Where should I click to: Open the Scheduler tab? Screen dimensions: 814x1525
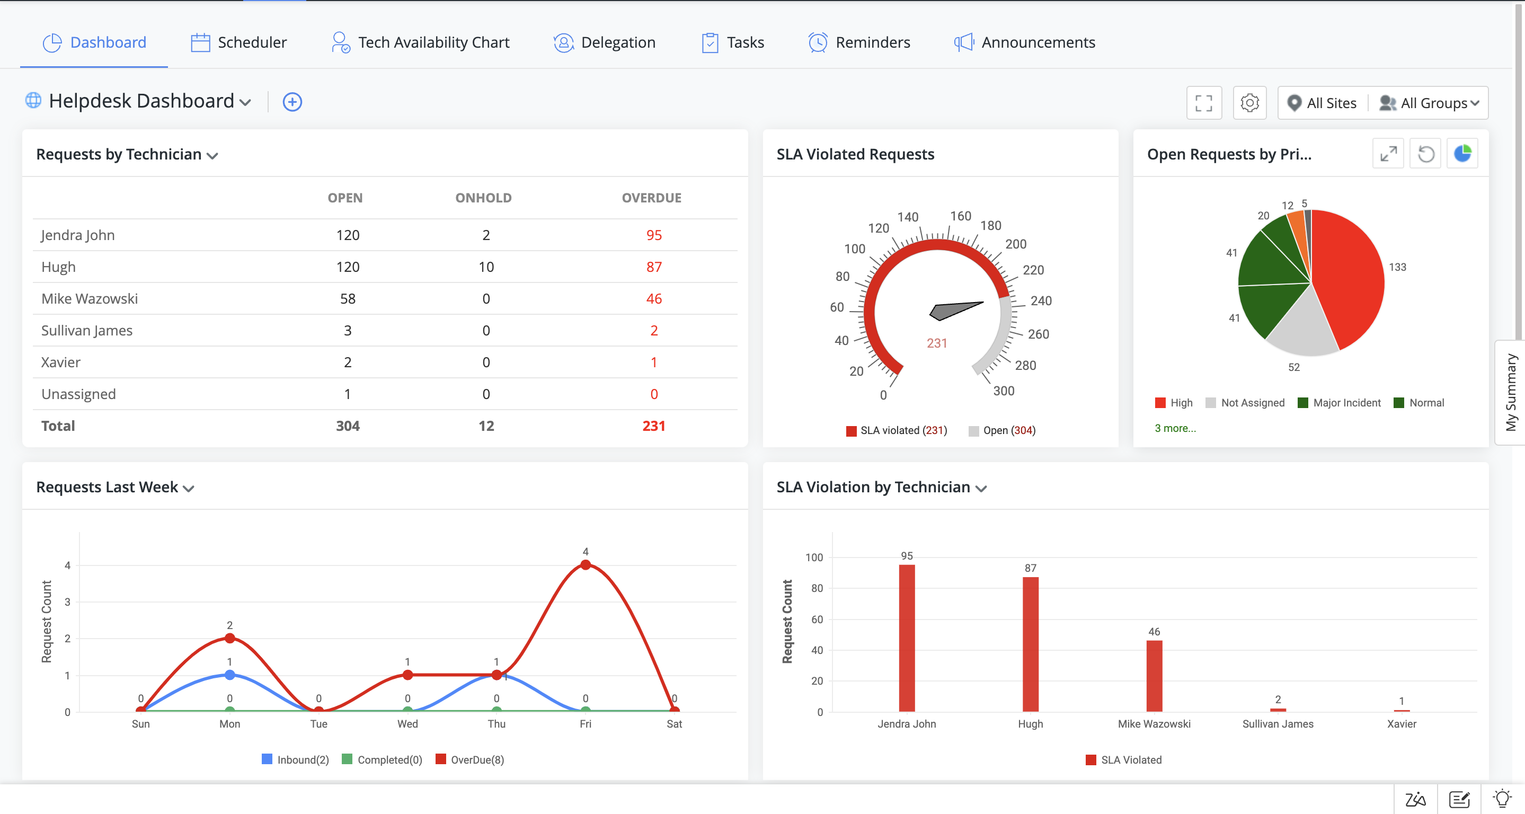pos(238,42)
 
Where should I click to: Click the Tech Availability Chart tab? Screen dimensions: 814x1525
pos(420,42)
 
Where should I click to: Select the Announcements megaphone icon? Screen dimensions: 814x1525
pos(963,42)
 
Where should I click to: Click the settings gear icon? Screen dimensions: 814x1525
pos(1249,103)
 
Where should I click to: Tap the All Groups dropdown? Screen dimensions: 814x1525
pos(1430,103)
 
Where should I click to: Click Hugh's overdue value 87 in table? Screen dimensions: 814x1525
pos(653,267)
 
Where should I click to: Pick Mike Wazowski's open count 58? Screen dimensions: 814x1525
pos(348,299)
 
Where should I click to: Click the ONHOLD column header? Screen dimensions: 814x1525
pos(483,198)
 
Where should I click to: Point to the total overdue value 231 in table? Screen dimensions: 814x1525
pos(653,426)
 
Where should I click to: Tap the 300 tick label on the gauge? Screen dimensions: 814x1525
pos(1004,391)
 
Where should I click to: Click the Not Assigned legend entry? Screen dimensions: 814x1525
pos(1246,403)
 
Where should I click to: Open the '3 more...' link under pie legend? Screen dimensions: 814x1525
pos(1175,428)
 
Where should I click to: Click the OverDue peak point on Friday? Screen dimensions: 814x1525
pos(585,565)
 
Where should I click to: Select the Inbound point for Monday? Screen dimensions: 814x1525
pos(229,675)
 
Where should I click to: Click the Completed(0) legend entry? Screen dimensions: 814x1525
pos(383,759)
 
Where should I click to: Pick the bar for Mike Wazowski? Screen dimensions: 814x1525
pos(1154,676)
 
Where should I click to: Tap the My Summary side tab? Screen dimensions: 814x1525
pos(1510,392)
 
